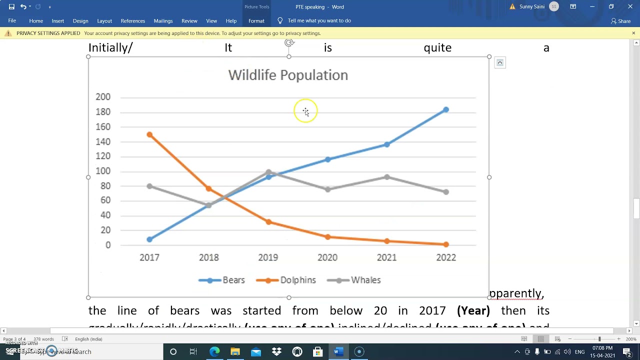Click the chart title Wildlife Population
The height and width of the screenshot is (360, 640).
coord(288,75)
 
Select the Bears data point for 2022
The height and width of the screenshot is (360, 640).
coord(446,109)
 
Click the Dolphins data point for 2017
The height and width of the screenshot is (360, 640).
coord(149,135)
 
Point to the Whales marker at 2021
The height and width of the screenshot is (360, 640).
coord(387,177)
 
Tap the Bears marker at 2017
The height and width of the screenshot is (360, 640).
coord(149,239)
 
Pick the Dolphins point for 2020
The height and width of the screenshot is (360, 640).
coord(327,237)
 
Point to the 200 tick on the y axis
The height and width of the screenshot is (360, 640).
coord(103,97)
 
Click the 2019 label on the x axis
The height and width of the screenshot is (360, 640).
coord(268,257)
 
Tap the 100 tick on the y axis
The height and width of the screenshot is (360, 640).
coord(103,171)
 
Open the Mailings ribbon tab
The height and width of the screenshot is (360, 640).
coord(163,21)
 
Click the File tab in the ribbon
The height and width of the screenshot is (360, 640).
coord(12,21)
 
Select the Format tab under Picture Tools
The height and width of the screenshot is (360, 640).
coord(256,21)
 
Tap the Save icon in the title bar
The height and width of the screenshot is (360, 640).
coord(11,7)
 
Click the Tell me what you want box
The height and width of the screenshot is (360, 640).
coord(319,21)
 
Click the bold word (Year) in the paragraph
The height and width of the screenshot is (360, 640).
coord(473,310)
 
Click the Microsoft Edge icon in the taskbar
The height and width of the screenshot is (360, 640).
coord(214,351)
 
